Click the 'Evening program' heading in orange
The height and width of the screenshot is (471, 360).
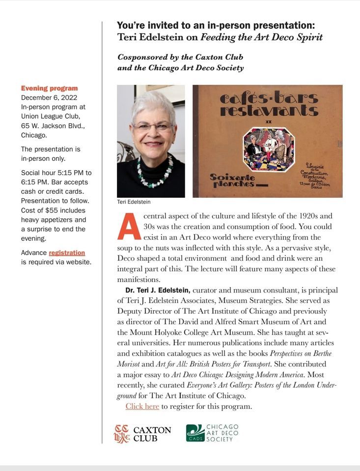(x=49, y=88)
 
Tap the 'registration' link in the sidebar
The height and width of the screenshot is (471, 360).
(x=67, y=253)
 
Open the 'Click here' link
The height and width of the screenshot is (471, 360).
(x=142, y=406)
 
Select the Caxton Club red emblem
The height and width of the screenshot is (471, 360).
(x=122, y=434)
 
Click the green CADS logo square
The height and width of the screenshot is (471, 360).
(x=195, y=433)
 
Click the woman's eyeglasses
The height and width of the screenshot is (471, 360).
(x=152, y=127)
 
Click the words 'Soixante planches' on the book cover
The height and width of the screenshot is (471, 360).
(x=232, y=180)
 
